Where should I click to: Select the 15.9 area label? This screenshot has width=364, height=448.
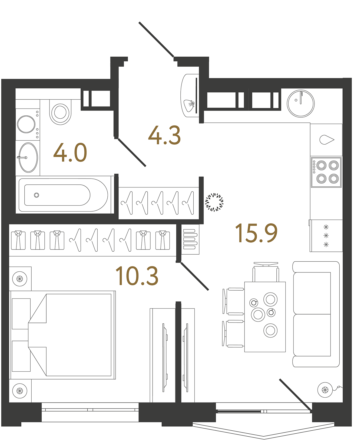coord(256,233)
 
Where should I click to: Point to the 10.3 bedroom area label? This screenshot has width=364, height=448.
coord(137,276)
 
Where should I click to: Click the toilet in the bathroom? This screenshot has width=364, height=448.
coord(60,112)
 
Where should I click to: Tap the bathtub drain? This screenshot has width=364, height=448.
coord(37,195)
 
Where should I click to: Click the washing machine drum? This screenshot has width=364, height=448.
coord(26,124)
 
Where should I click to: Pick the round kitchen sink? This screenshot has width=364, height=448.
coord(300,103)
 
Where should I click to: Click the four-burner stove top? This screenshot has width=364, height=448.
coord(326,172)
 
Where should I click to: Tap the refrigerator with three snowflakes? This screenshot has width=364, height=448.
coord(326,236)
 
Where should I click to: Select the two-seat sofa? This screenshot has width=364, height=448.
coord(316,314)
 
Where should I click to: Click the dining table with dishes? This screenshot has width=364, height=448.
coord(265,317)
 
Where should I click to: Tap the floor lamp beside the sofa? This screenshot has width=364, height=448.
coord(325,390)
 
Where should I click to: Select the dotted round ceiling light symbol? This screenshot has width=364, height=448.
coord(214,202)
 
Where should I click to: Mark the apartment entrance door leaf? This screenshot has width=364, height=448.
coord(156,40)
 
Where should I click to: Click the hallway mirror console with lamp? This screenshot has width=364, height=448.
coord(190,95)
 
